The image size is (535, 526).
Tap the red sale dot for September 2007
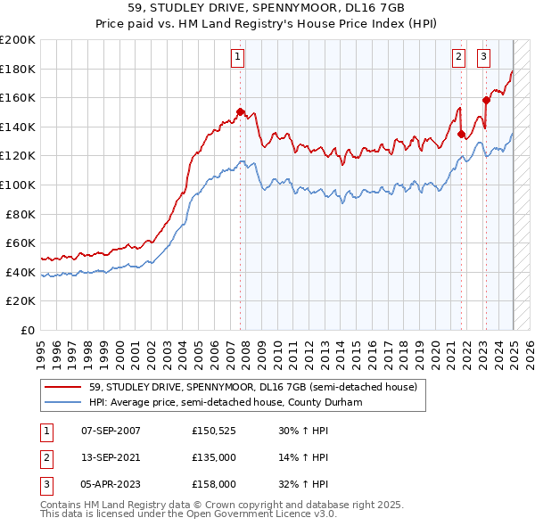point(241,111)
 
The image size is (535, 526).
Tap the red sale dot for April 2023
point(486,100)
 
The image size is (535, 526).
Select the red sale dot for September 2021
point(462,134)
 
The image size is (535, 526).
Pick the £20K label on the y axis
point(21,301)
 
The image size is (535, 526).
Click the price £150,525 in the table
point(213,431)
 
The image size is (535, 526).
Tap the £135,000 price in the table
point(213,457)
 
